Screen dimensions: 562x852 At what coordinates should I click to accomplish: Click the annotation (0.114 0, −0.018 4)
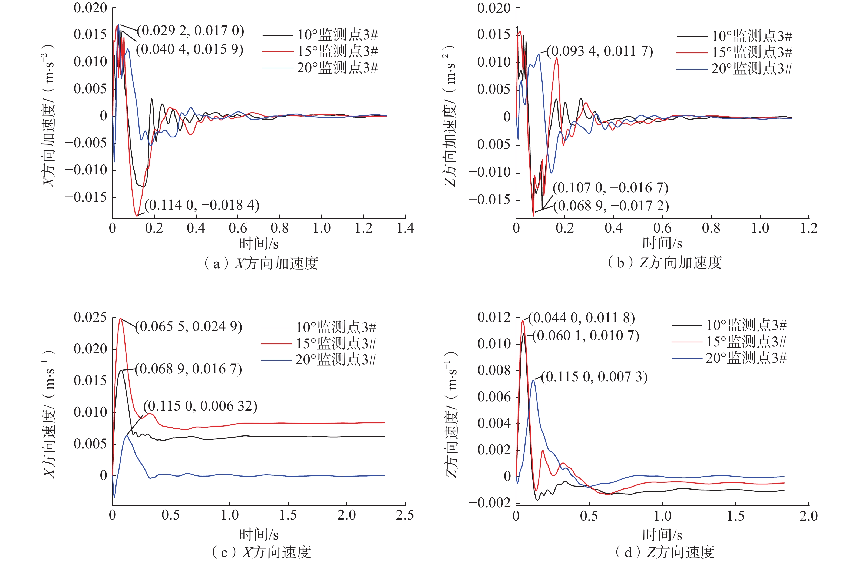pos(202,205)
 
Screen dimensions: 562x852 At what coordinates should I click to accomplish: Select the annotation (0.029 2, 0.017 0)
pos(191,31)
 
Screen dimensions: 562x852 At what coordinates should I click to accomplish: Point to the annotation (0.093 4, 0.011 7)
pos(600,52)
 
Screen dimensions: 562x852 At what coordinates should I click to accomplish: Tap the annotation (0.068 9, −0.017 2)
pos(611,206)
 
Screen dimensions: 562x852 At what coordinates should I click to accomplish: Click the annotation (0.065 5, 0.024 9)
pos(189,326)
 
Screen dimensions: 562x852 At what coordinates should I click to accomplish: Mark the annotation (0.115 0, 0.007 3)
pos(594,377)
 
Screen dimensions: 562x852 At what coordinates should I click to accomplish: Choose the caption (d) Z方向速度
pos(664,552)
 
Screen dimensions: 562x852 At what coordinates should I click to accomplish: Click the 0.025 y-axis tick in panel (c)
pos(90,318)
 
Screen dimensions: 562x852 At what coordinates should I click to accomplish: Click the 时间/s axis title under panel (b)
pos(662,243)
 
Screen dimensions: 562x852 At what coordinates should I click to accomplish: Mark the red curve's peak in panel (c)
pos(120,319)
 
